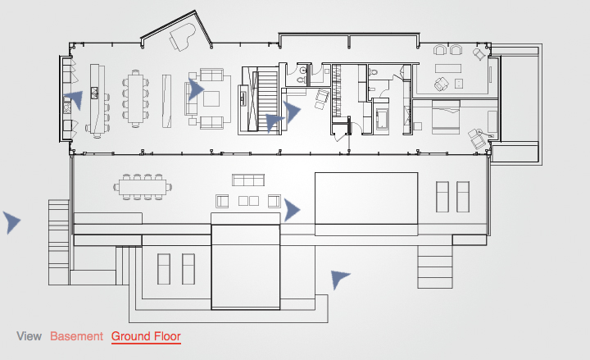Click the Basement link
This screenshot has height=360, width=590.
[x=76, y=336]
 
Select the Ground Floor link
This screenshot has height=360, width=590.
[x=146, y=336]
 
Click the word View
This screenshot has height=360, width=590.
[x=29, y=336]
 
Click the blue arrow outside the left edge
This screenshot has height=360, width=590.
[x=11, y=221]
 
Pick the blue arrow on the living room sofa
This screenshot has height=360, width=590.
[x=195, y=89]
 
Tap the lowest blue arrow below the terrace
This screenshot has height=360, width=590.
[x=338, y=279]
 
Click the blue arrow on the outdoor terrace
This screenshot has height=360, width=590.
[x=291, y=210]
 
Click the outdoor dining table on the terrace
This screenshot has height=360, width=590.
[x=143, y=187]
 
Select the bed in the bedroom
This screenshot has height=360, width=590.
[x=450, y=116]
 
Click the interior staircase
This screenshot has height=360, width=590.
[x=267, y=91]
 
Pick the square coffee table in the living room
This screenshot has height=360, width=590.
[x=211, y=99]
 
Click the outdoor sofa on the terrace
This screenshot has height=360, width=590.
[x=249, y=180]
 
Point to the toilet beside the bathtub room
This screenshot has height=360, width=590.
[x=374, y=73]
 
